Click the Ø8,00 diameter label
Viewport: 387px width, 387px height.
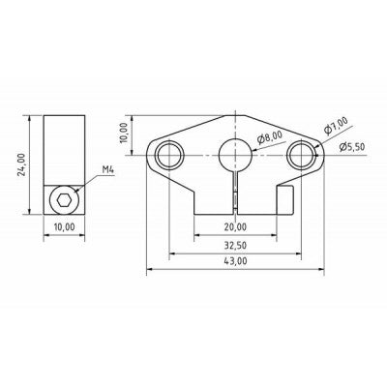[x=270, y=137]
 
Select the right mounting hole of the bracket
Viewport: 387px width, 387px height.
[x=304, y=152]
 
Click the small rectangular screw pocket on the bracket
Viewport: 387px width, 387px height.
[x=285, y=200]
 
